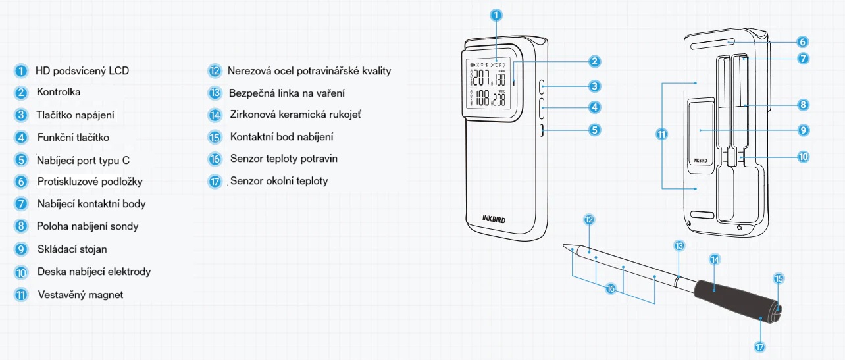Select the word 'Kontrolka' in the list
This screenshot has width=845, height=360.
coord(59,93)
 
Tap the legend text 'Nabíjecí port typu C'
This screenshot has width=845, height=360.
coord(88,160)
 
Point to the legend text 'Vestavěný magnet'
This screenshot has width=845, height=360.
coord(80,294)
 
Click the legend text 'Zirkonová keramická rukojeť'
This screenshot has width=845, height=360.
coord(295,115)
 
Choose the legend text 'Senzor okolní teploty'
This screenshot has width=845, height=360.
coord(278,181)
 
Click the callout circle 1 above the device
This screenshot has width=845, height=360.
coord(497,14)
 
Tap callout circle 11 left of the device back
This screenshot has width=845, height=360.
coord(661,134)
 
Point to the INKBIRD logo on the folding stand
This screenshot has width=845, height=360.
coord(704,159)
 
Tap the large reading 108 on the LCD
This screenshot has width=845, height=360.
coord(484,99)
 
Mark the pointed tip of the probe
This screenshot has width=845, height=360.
coord(565,247)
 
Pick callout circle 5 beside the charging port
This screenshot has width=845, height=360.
coord(594,130)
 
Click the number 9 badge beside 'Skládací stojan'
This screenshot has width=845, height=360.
coord(22,249)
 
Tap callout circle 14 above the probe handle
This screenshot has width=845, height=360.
coord(715,259)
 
